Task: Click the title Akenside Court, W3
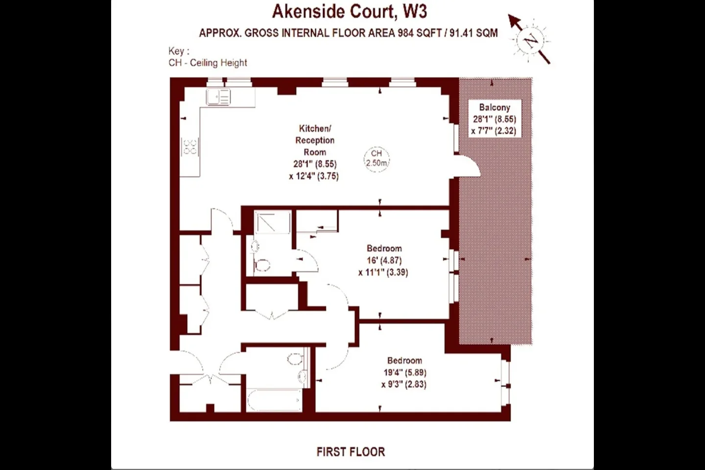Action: [350, 12]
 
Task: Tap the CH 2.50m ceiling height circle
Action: [376, 159]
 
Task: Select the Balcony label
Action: [494, 107]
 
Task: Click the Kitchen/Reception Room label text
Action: [315, 141]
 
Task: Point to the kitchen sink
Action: [218, 96]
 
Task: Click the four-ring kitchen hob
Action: [190, 147]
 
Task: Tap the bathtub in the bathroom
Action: [274, 400]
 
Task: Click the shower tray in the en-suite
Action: [272, 222]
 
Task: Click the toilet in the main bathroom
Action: [295, 358]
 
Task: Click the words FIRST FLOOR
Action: [351, 452]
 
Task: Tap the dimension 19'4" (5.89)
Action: [405, 373]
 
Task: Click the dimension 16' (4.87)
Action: [384, 260]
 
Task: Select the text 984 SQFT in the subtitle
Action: [420, 33]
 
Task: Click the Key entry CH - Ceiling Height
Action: [208, 63]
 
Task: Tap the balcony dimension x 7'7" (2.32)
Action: [494, 131]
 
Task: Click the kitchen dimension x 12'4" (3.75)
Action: [314, 176]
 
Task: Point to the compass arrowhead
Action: [514, 21]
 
